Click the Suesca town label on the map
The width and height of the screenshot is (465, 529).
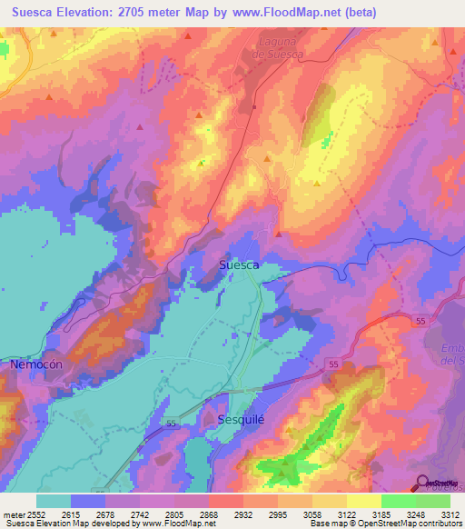coord(240,264)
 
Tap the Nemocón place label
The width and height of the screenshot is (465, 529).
coord(35,364)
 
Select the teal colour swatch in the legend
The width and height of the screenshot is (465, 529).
coord(54,501)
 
